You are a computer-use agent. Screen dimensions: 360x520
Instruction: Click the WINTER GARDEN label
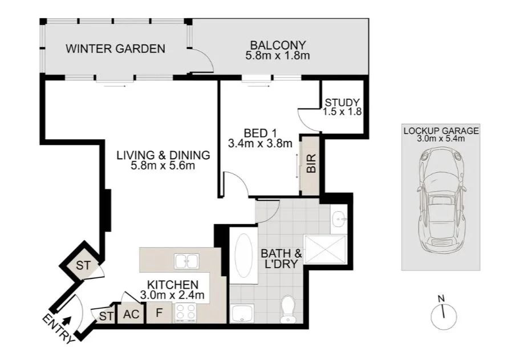click(x=115, y=48)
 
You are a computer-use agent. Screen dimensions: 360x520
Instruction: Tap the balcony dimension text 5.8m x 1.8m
click(x=277, y=56)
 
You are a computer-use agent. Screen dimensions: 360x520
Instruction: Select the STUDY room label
click(x=342, y=103)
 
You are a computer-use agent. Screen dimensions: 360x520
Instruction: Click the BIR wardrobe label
click(x=311, y=165)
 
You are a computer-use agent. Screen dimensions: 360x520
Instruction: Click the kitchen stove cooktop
click(x=186, y=313)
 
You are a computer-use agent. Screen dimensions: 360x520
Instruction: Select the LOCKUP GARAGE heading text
click(x=441, y=131)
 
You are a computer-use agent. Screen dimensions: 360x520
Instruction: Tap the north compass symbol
click(x=442, y=314)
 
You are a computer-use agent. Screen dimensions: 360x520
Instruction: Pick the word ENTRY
click(x=57, y=330)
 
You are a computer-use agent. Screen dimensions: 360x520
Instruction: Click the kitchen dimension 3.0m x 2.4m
click(x=173, y=296)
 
